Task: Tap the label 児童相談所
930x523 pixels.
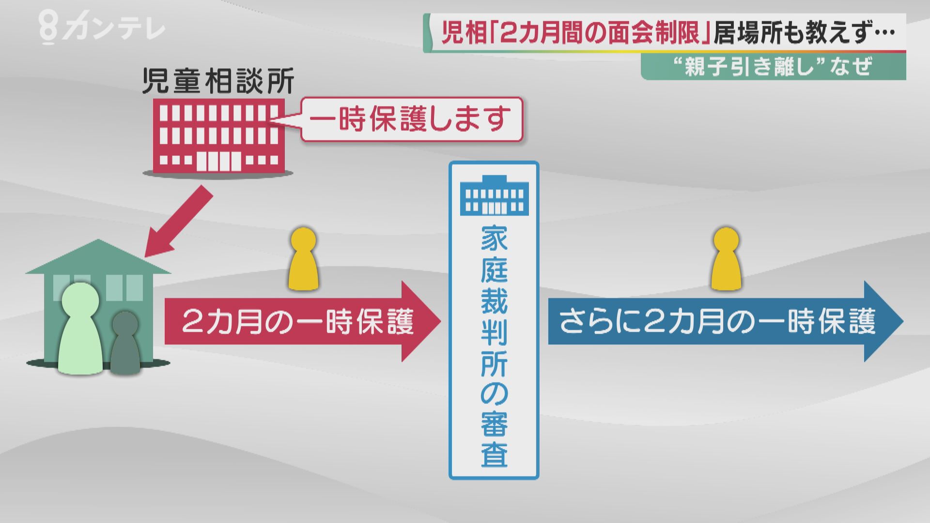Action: tap(218, 81)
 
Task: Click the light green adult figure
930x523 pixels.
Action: tap(80, 329)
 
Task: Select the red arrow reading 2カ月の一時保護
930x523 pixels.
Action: tap(300, 322)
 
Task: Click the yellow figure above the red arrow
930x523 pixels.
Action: tap(304, 260)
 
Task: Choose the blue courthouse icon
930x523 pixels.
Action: tap(494, 196)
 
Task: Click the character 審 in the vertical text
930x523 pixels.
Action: tap(494, 424)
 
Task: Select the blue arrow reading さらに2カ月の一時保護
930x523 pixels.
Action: tap(722, 322)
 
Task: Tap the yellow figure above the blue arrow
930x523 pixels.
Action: tap(726, 260)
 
